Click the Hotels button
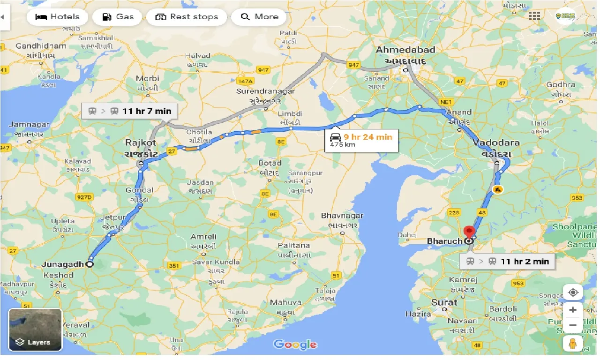point(58,17)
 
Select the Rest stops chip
point(187,17)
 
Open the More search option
point(259,17)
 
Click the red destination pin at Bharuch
point(469,232)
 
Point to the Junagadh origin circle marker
point(90,264)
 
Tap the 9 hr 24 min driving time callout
point(362,140)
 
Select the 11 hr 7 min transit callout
point(129,111)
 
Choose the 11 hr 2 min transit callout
point(507,261)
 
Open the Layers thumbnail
point(36,330)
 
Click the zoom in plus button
point(573,310)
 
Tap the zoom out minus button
point(573,325)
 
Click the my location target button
point(573,292)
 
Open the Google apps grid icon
point(534,16)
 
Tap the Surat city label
point(444,302)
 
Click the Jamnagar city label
point(29,125)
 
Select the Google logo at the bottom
point(295,345)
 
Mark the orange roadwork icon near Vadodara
point(498,190)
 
